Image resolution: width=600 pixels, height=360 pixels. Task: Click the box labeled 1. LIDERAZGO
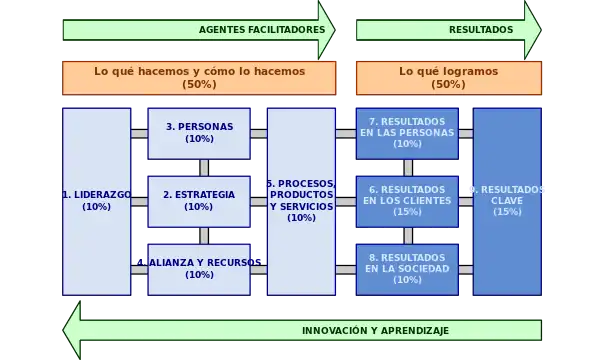click(x=96, y=201)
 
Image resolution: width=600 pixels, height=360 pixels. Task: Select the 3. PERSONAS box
click(x=199, y=133)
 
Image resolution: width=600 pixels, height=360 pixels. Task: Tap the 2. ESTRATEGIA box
click(x=199, y=200)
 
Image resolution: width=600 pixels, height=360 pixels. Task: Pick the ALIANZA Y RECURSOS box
click(x=199, y=268)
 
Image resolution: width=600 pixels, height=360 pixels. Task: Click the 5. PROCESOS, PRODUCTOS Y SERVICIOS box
click(x=301, y=201)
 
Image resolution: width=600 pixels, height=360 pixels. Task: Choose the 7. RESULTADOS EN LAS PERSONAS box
click(x=407, y=133)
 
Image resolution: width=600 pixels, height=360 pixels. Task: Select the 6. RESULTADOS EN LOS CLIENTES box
click(x=407, y=200)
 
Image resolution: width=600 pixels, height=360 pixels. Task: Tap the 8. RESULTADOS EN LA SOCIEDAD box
click(x=407, y=268)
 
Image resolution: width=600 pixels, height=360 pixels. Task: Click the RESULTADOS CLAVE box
click(x=507, y=201)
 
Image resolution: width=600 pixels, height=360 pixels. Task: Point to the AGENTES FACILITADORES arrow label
click(x=262, y=30)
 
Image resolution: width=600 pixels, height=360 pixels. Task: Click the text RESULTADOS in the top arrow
click(x=480, y=30)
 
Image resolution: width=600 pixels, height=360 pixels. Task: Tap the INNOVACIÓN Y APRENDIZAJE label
click(x=375, y=331)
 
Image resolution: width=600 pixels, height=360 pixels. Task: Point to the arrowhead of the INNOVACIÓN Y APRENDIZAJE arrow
click(x=72, y=331)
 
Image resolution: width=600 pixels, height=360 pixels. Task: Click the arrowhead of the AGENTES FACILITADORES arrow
click(x=326, y=30)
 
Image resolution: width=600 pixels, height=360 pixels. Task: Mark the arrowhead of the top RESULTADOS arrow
click(x=532, y=30)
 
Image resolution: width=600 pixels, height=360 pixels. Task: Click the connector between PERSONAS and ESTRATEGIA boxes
click(x=204, y=167)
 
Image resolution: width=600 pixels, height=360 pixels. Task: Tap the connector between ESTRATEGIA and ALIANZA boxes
click(x=204, y=235)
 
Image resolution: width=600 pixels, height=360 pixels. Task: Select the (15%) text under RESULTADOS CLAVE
click(x=507, y=212)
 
